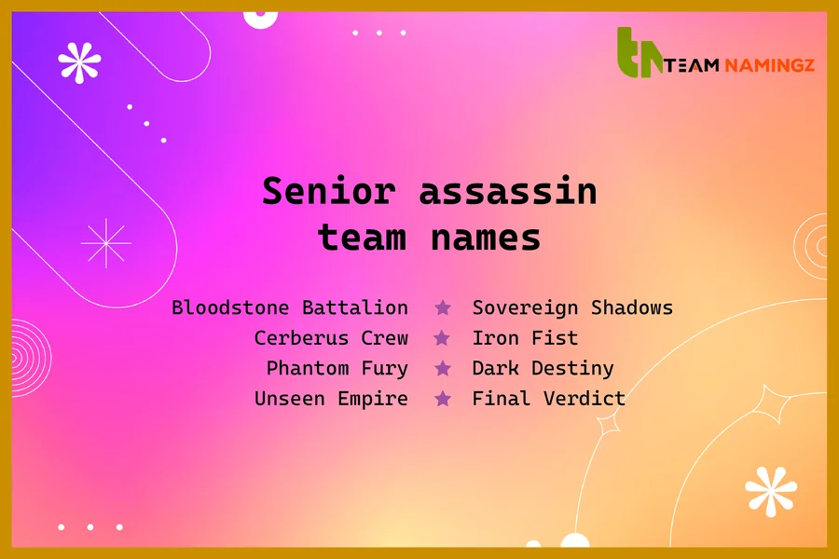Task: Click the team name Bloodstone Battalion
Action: [290, 307]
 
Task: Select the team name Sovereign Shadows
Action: [572, 307]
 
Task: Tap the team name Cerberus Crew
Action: [331, 338]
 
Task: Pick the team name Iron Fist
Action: [525, 338]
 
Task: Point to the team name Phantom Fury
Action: [337, 368]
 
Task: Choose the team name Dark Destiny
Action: [543, 368]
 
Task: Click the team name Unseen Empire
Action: [331, 399]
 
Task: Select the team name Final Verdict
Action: [548, 399]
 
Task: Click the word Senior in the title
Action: [328, 191]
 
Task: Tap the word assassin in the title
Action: [507, 191]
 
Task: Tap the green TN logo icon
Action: [640, 53]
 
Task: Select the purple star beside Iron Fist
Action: [443, 338]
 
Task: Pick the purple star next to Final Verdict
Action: [443, 399]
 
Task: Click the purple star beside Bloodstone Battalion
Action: [443, 307]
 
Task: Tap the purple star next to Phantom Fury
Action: [443, 368]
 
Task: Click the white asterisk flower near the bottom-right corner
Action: [771, 491]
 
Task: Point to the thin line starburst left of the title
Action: [106, 243]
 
